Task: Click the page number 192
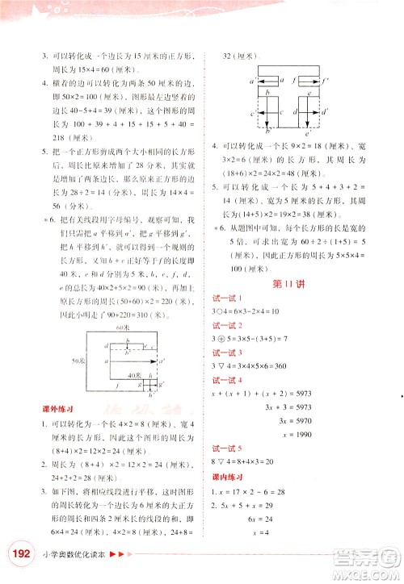point(20,553)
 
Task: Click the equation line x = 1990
point(281,446)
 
